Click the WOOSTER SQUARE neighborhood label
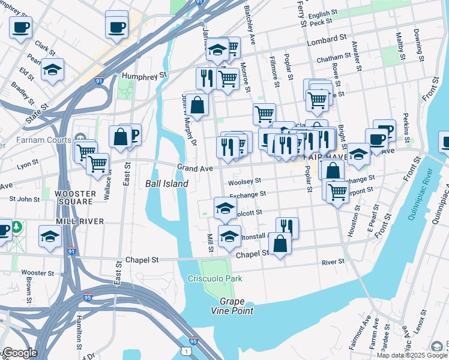click(74, 197)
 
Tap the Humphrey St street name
click(144, 76)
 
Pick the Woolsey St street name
click(244, 181)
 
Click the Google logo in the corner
click(20, 353)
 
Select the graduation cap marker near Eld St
click(53, 70)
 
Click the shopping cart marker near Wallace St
click(97, 163)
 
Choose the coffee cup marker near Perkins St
click(384, 131)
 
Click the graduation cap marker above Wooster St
click(50, 236)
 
